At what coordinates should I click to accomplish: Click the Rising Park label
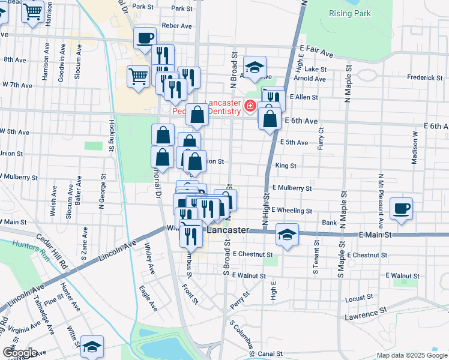(349, 13)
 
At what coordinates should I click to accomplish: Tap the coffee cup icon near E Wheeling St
(401, 208)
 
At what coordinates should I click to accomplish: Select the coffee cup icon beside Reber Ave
(145, 38)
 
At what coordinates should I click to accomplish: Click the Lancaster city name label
(228, 230)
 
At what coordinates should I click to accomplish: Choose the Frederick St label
(424, 77)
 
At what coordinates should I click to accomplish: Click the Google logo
(20, 353)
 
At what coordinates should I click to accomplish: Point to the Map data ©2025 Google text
(411, 355)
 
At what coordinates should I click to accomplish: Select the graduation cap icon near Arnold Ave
(255, 68)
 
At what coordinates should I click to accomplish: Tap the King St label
(286, 165)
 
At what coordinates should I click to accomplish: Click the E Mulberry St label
(292, 188)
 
